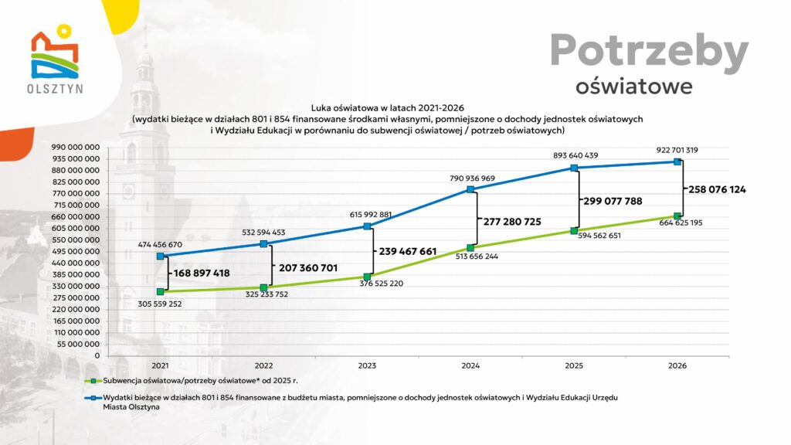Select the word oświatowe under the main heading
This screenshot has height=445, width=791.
[x=633, y=87]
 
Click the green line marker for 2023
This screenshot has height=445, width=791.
[x=368, y=277]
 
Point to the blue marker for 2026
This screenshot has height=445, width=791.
[x=677, y=161]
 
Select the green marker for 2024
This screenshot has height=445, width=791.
[x=470, y=248]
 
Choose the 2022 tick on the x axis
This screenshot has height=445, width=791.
[x=264, y=365]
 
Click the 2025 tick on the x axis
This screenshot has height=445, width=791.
[x=574, y=365]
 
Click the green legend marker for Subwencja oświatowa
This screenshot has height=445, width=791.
[x=92, y=381]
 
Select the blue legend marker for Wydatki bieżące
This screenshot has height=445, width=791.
[x=92, y=397]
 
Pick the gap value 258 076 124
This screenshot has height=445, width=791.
[x=716, y=189]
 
